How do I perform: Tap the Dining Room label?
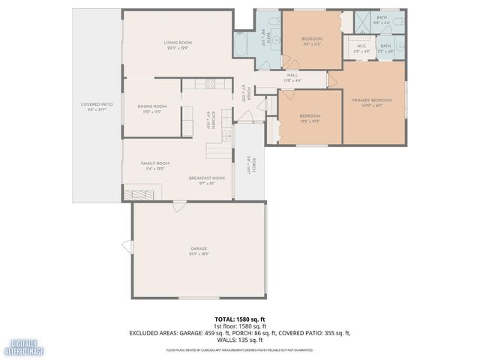tap(151, 106)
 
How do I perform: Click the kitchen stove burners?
tap(211, 83)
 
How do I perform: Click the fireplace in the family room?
tap(139, 194)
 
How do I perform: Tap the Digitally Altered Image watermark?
tap(22, 347)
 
